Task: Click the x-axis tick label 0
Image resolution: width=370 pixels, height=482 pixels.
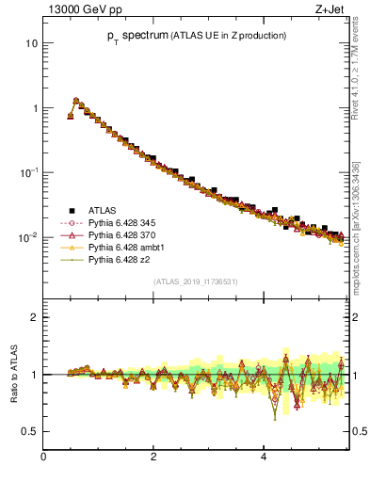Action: (x=43, y=457)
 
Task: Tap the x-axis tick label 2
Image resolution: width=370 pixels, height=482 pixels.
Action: (x=153, y=457)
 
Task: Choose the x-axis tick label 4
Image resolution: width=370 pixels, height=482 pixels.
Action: (x=264, y=457)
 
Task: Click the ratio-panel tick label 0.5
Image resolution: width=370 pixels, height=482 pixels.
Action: (x=31, y=432)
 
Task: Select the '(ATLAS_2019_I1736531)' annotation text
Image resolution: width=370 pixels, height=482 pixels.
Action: (x=196, y=281)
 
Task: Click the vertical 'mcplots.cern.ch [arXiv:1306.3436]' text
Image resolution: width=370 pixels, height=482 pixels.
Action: (x=355, y=228)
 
